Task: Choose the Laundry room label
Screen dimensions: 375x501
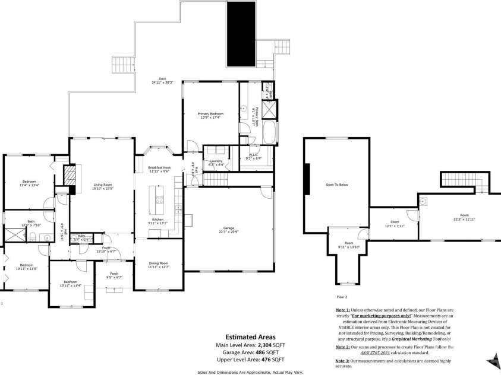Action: (x=216, y=162)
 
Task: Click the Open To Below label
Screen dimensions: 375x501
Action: (x=336, y=185)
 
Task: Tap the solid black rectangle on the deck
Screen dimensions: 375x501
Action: (x=241, y=34)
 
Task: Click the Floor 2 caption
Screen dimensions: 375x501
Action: (x=342, y=296)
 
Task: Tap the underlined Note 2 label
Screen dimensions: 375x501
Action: (x=343, y=346)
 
